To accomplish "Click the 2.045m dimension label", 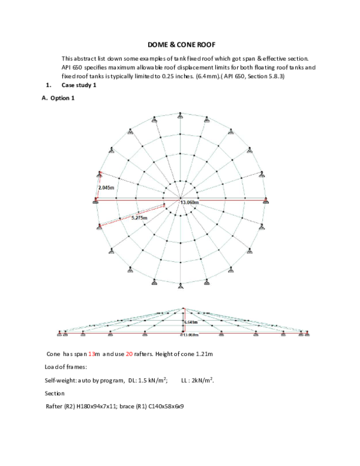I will [x=106, y=187].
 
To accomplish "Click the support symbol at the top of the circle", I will [x=180, y=113].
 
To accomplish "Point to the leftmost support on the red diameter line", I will [x=96, y=200].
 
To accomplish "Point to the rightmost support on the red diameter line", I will [x=265, y=200].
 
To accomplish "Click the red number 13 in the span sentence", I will [x=92, y=354].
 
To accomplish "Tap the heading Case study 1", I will [x=79, y=85].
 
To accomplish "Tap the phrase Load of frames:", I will [x=66, y=367].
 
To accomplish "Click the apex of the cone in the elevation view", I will [x=184, y=309].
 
